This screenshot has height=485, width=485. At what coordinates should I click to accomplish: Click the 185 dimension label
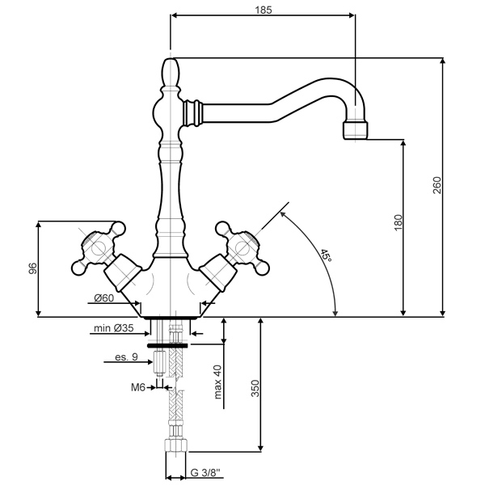[x=264, y=10]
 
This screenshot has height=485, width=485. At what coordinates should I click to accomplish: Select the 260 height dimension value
[x=436, y=185]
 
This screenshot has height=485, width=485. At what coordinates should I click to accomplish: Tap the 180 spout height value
[x=399, y=222]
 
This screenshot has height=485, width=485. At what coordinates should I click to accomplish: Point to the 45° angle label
[x=326, y=255]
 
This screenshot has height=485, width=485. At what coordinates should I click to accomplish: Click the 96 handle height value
[x=32, y=268]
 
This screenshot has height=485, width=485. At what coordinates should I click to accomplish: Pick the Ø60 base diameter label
[x=104, y=298]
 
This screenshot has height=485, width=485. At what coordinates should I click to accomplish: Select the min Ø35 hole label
[x=114, y=327]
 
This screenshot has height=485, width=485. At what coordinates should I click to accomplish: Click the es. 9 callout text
[x=126, y=357]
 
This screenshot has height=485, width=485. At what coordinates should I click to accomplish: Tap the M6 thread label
[x=138, y=387]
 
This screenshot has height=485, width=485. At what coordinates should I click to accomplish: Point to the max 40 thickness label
[x=217, y=382]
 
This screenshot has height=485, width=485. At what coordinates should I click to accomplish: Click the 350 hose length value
[x=255, y=389]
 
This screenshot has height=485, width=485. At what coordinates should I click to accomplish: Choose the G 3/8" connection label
[x=205, y=472]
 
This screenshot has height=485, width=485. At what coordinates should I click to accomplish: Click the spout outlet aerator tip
[x=356, y=130]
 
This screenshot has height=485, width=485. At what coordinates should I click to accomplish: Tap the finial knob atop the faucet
[x=171, y=73]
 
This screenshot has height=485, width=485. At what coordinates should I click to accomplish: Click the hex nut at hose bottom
[x=176, y=445]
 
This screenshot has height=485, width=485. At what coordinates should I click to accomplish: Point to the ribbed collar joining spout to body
[x=192, y=112]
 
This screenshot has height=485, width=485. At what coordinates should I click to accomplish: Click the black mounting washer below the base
[x=167, y=345]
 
